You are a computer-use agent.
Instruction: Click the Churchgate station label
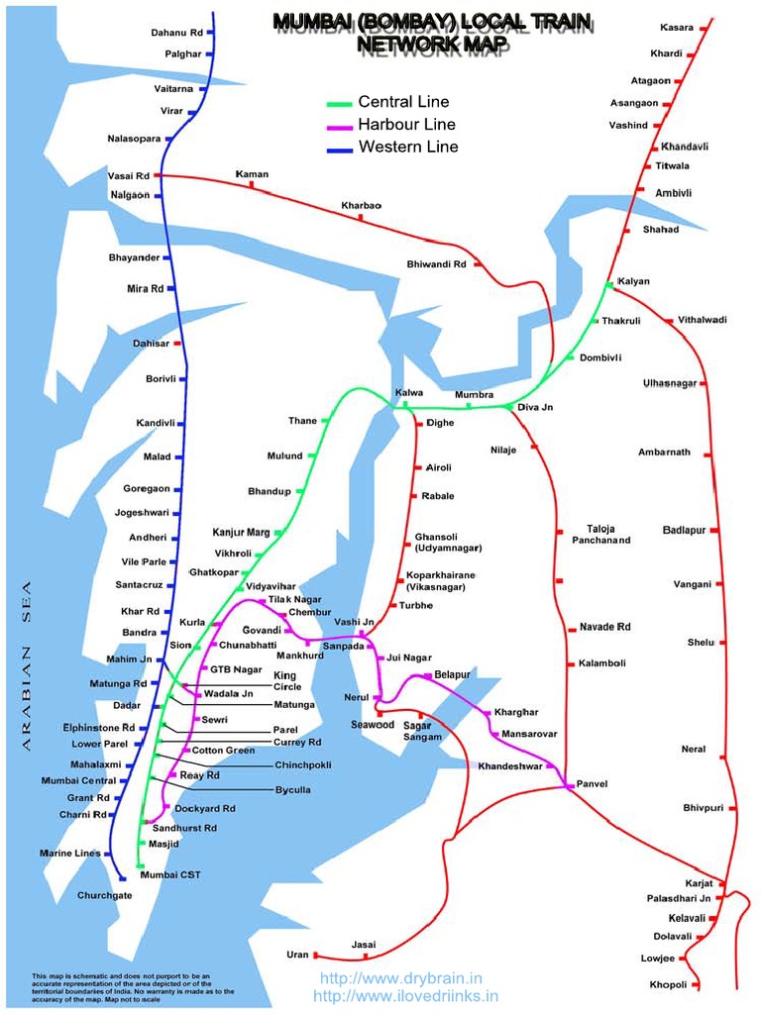pyautogui.click(x=104, y=895)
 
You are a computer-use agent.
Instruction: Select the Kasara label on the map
pyautogui.click(x=677, y=27)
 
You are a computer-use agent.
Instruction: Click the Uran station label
pyautogui.click(x=297, y=955)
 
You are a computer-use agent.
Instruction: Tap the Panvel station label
pyautogui.click(x=592, y=783)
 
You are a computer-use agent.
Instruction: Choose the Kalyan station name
pyautogui.click(x=633, y=281)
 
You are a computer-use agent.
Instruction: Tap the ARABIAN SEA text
pyautogui.click(x=28, y=668)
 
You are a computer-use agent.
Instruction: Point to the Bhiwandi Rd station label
pyautogui.click(x=436, y=264)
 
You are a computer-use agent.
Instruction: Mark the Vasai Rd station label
pyautogui.click(x=128, y=175)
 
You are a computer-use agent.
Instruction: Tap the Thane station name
pyautogui.click(x=302, y=421)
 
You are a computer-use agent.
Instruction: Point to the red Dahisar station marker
pyautogui.click(x=178, y=343)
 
